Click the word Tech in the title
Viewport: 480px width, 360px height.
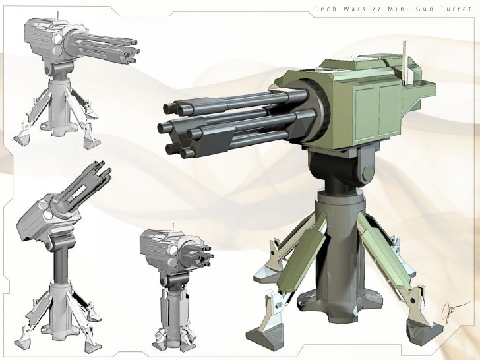click(324, 9)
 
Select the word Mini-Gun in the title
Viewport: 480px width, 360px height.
click(413, 9)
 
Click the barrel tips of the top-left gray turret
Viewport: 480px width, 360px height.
click(135, 49)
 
